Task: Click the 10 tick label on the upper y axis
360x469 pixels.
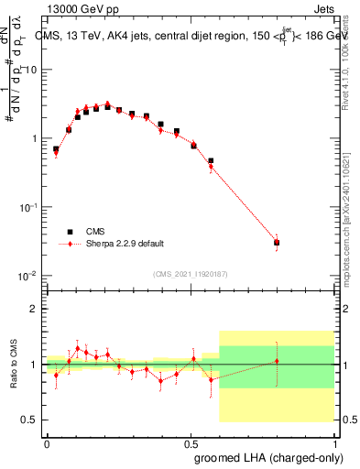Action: [x=29, y=71]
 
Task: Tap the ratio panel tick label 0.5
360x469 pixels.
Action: [x=29, y=420]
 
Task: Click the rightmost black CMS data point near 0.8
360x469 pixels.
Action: [x=277, y=243]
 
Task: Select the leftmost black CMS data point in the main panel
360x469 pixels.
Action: [x=56, y=149]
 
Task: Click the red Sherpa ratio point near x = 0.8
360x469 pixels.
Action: [x=277, y=361]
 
